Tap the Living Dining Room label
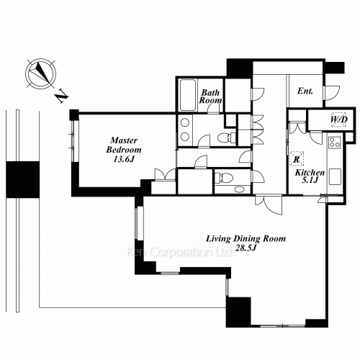point(246,238)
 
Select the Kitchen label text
point(310,172)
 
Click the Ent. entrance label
point(305,91)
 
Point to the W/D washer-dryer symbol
point(339,120)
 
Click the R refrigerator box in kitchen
point(297,158)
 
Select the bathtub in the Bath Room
point(187,95)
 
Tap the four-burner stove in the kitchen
point(335,142)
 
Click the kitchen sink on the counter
point(335,176)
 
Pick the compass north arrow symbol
point(41,73)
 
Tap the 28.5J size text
point(246,248)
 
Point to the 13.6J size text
point(124,159)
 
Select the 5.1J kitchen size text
point(310,180)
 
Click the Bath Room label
point(210,96)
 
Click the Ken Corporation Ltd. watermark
point(179,252)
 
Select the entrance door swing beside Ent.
point(332,93)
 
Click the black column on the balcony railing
point(23,179)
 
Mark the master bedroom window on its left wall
point(76,141)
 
